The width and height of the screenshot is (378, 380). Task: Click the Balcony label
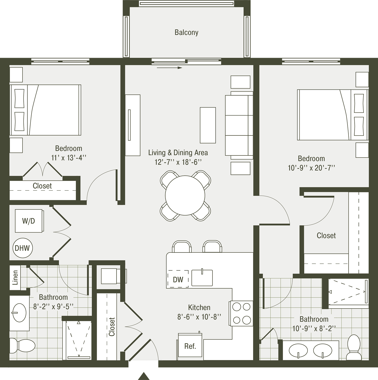coord(186,32)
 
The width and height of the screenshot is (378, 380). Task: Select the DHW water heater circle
coord(23,248)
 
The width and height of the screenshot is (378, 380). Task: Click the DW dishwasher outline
coord(178,279)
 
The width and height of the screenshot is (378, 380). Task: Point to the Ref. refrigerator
coord(190,345)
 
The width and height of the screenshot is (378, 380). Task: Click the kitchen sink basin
coord(202,278)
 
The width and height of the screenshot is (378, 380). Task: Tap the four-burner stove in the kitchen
coord(241,313)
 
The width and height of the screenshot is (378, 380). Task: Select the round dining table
coord(185,195)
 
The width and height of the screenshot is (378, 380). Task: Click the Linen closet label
coord(15,277)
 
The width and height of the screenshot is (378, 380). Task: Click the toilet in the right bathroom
coord(354,347)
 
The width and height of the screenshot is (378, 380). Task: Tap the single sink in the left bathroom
coord(19,313)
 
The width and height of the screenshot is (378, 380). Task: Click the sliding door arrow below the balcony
coord(169,68)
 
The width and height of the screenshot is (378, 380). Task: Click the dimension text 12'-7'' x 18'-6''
coord(178,162)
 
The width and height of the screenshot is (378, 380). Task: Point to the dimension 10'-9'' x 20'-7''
coord(311,168)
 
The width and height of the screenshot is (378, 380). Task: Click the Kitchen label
coord(199,307)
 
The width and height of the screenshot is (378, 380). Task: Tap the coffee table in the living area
coord(208,125)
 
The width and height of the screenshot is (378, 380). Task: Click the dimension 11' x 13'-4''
coord(69,158)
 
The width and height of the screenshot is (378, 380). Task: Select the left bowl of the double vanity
coord(298,350)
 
